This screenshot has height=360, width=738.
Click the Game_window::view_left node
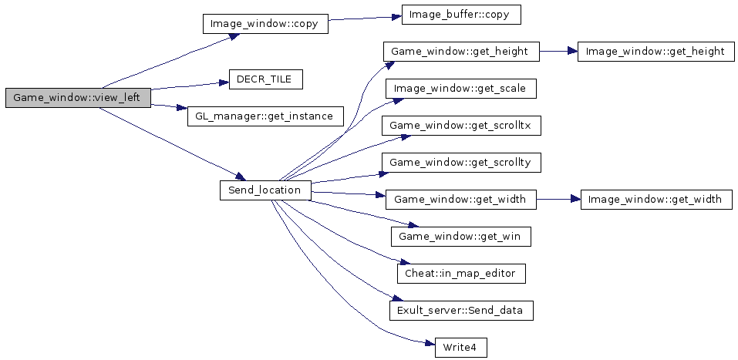click(77, 98)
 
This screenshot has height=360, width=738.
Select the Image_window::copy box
click(265, 24)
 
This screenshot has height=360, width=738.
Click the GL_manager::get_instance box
click(264, 116)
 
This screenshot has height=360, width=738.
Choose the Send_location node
click(265, 190)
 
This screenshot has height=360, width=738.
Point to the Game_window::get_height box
click(460, 52)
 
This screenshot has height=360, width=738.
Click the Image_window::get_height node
click(655, 52)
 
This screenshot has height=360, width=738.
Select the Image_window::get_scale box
click(460, 89)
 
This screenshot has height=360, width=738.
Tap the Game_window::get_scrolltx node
click(461, 126)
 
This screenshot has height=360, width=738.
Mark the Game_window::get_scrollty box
click(461, 163)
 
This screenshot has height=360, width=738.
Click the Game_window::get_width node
click(460, 200)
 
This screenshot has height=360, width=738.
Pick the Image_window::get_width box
click(655, 200)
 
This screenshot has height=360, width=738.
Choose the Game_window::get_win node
click(461, 236)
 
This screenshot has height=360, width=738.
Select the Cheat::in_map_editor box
click(460, 273)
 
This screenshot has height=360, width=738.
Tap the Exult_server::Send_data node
click(460, 310)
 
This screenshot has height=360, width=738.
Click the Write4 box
click(460, 347)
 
